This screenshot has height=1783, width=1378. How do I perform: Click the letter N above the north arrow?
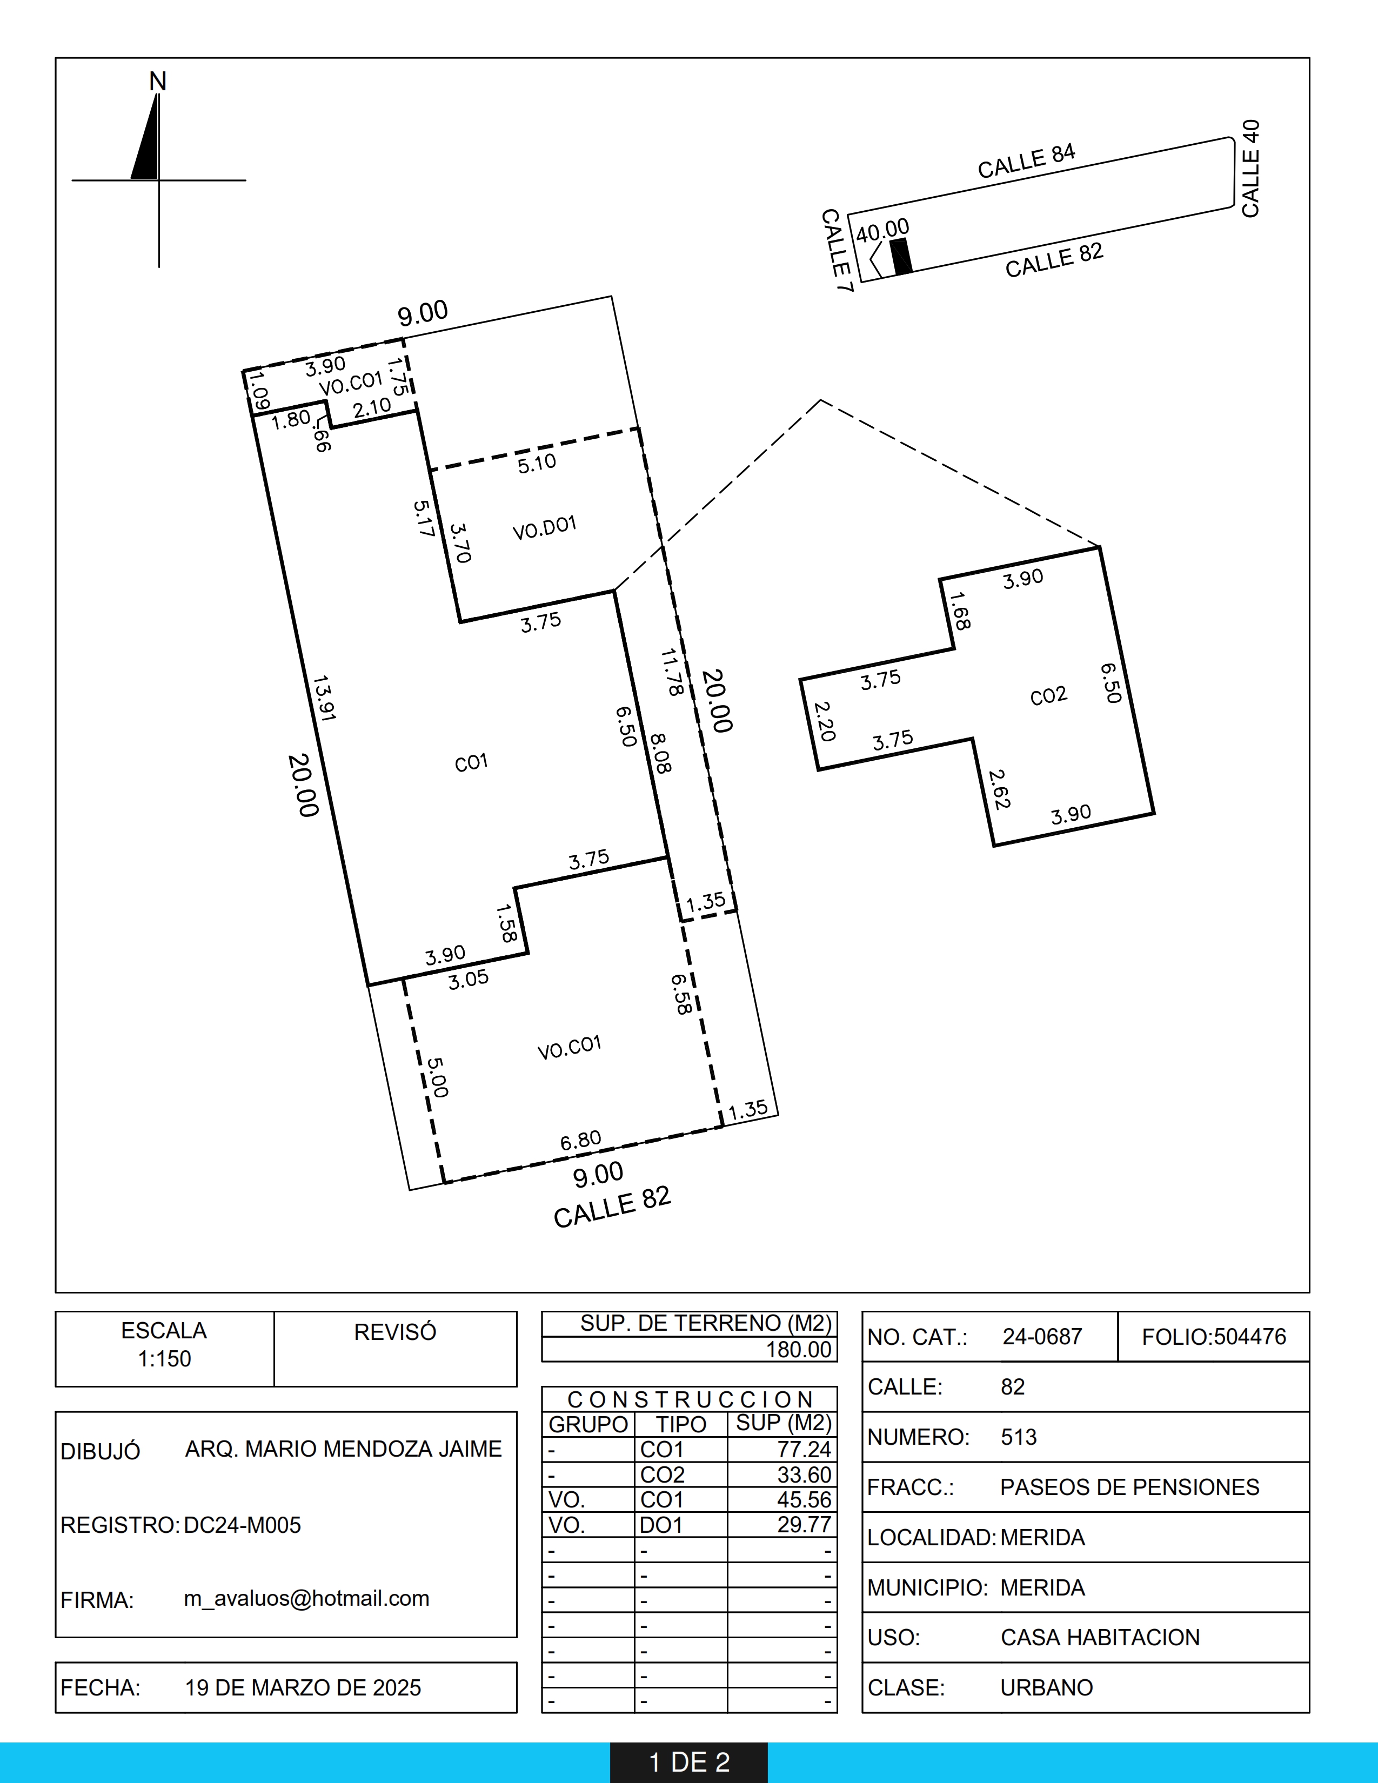click(158, 82)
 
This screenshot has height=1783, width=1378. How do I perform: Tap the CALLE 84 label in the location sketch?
click(1027, 162)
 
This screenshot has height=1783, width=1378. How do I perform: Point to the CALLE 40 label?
click(1250, 168)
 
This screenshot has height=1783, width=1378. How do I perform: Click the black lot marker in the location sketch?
click(901, 256)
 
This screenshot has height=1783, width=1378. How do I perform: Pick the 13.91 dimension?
click(324, 698)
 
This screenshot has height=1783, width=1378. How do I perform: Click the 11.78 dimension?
click(672, 672)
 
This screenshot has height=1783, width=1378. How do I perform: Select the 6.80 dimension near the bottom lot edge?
click(580, 1141)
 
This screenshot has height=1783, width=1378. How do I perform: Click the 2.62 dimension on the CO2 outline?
click(999, 789)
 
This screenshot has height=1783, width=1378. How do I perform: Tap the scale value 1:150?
click(164, 1358)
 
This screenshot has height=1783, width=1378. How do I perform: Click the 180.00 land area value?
click(798, 1350)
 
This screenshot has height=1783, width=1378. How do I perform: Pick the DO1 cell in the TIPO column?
click(661, 1524)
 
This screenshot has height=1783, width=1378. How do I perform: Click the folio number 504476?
click(1250, 1336)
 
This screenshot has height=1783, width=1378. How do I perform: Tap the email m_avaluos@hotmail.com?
click(306, 1598)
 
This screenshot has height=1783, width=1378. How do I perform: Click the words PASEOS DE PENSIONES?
click(1130, 1487)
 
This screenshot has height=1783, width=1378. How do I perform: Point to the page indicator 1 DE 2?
click(689, 1762)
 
